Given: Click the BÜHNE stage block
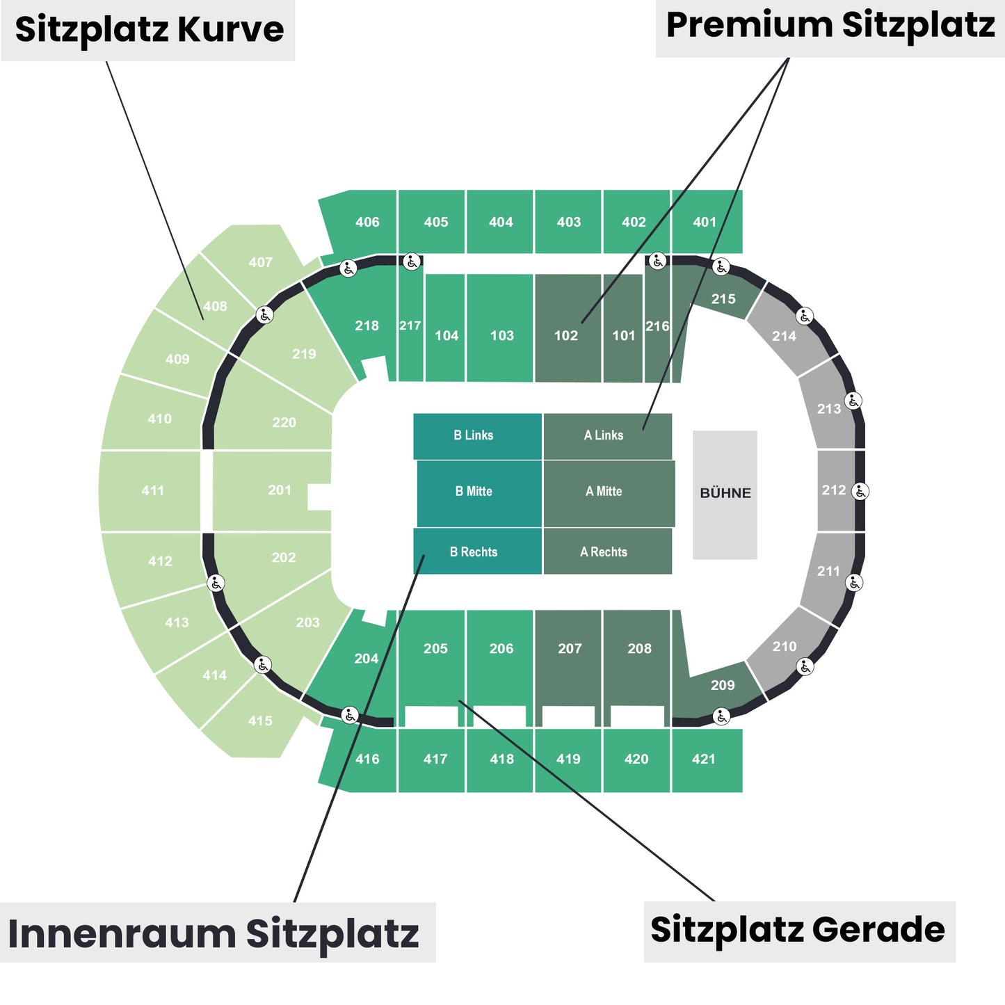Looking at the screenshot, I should (x=725, y=495).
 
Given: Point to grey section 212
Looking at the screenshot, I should (x=834, y=490).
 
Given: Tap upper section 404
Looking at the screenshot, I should (x=500, y=222).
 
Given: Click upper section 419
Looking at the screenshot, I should (x=568, y=759).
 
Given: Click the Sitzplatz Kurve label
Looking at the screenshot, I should (x=149, y=30).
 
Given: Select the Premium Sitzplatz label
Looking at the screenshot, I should (x=830, y=26).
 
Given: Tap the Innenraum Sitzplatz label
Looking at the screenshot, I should (x=214, y=933).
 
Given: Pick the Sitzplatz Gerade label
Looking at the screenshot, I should (x=798, y=930).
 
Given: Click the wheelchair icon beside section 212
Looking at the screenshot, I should (x=860, y=492).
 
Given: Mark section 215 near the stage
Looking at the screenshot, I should (x=723, y=298).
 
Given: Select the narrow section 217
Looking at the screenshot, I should (x=410, y=325).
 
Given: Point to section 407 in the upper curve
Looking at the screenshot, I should (x=260, y=262).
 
